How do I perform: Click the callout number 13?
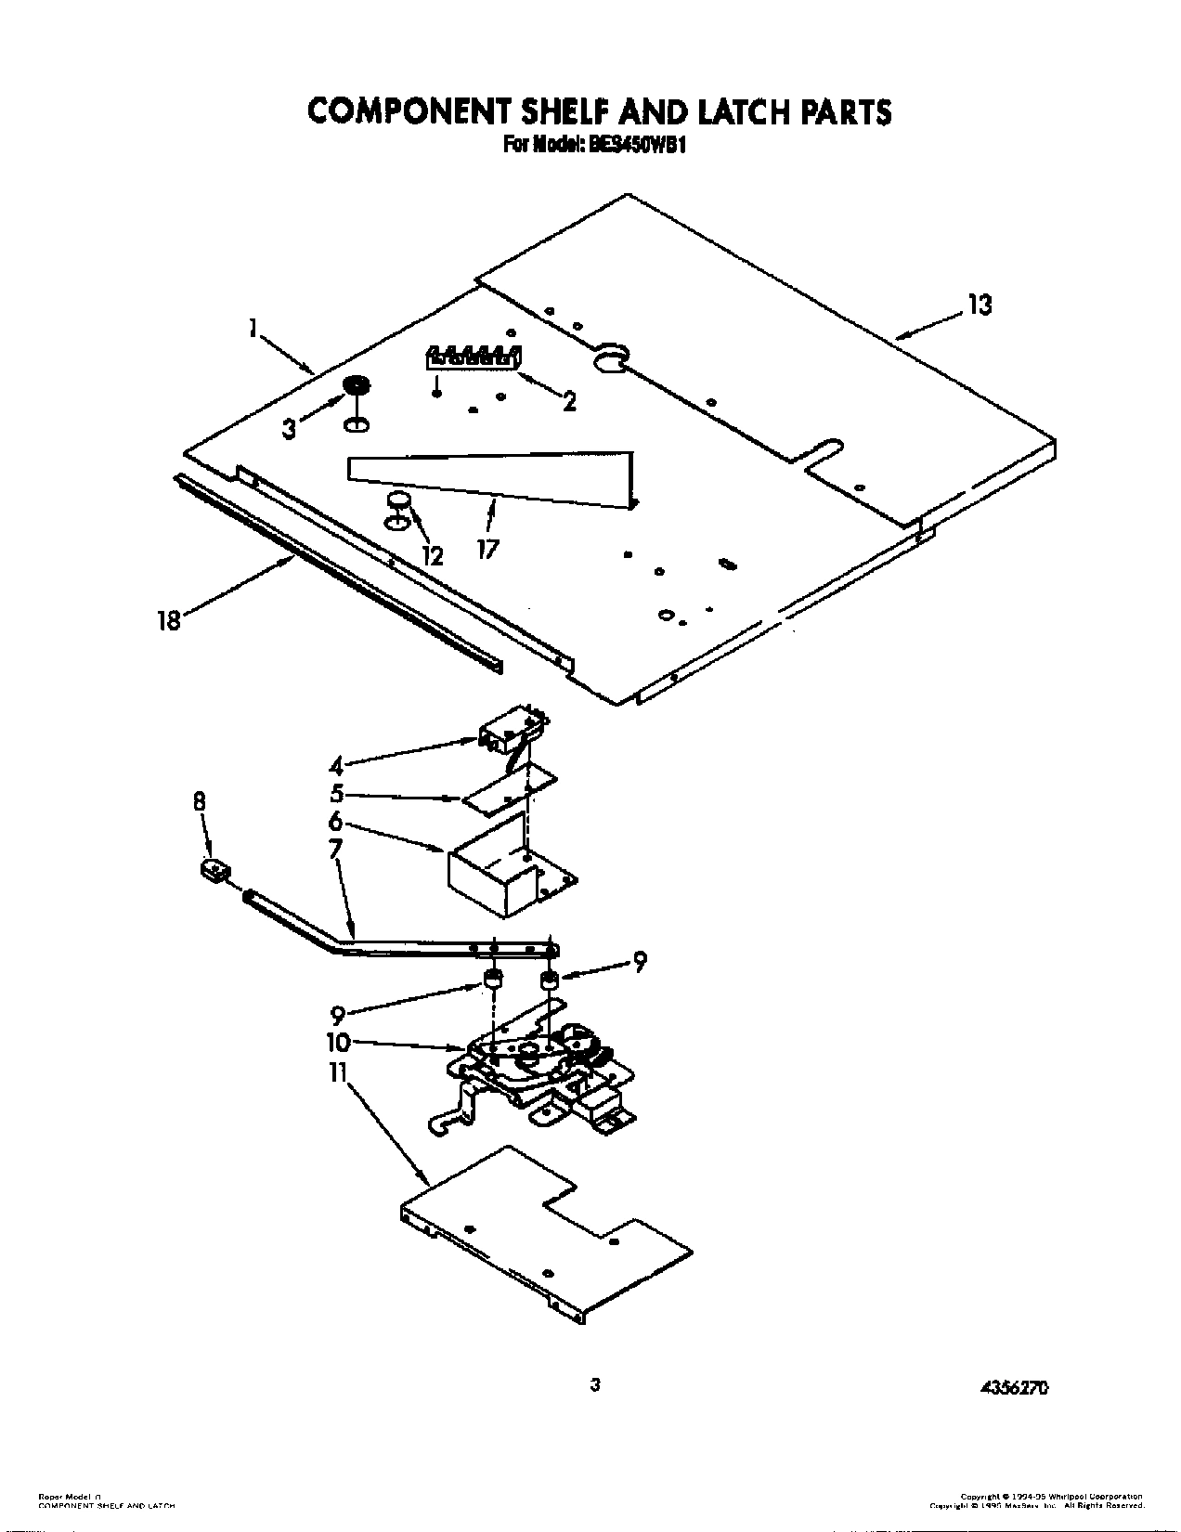pos(979,305)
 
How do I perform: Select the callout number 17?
pos(487,550)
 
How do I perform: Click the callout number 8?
pos(200,802)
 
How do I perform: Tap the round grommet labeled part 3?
pos(356,385)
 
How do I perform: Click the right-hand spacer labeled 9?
pos(551,980)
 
